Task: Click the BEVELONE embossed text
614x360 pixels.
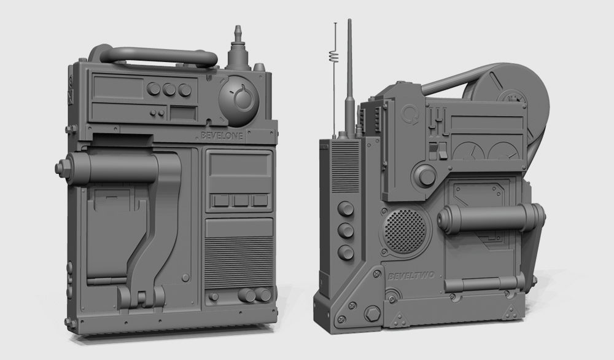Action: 222,136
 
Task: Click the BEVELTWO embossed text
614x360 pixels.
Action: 411,276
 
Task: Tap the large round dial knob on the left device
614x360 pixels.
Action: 239,98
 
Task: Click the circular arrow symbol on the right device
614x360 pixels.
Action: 410,115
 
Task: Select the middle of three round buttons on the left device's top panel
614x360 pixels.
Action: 169,90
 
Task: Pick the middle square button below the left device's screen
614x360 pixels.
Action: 240,200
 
